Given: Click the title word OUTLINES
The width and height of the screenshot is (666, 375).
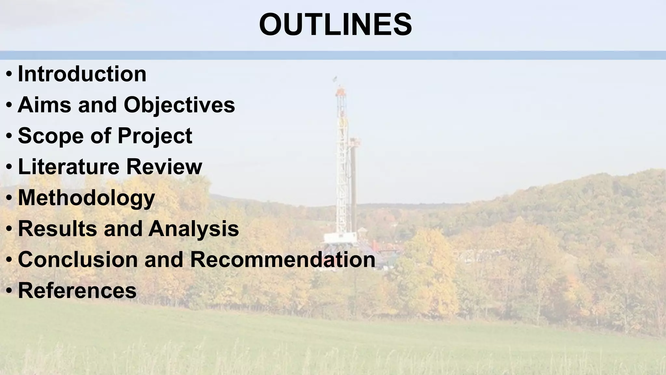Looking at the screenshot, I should (335, 25).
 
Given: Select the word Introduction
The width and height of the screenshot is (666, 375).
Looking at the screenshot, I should (82, 74).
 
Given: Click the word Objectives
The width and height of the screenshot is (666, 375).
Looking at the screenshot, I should (179, 105).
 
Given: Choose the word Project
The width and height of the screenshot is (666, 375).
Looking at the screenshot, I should (155, 135).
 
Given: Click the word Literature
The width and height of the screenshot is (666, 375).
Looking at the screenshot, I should (69, 166).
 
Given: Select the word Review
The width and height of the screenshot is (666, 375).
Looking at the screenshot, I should (164, 166).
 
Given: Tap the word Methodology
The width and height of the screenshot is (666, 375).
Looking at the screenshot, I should (86, 198).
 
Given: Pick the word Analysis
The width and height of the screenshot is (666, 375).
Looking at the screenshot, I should (194, 228).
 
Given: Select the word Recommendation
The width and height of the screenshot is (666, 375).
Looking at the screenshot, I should (283, 259).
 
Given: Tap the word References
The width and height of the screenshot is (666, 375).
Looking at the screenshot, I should (77, 290).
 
